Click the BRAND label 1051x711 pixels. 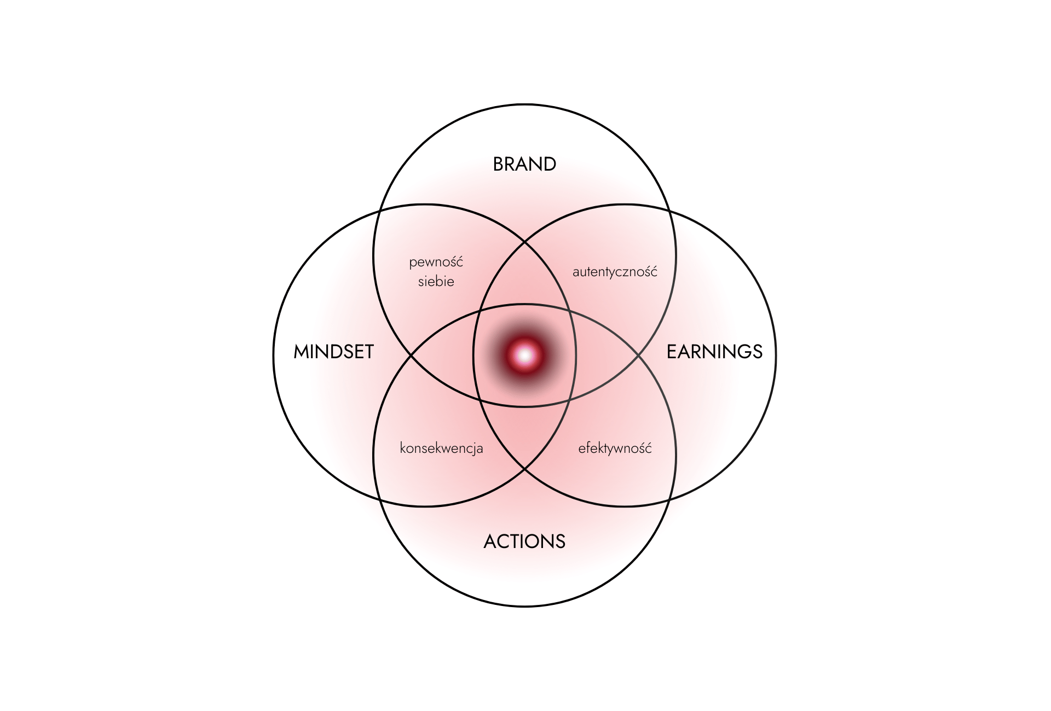pos(524,164)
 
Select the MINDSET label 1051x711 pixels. pos(333,352)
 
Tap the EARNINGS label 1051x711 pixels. pos(714,352)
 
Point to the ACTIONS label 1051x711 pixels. pos(524,541)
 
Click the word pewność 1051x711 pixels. pos(436,263)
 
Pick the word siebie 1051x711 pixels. pos(436,282)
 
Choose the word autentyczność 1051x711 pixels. pos(615,272)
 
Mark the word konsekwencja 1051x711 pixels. pos(441,448)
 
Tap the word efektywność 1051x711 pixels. pos(615,448)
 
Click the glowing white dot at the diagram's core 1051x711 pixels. pos(525,355)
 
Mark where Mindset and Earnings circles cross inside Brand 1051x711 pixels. pos(525,241)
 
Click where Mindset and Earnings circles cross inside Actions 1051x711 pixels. pos(525,469)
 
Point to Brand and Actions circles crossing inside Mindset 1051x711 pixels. pos(411,355)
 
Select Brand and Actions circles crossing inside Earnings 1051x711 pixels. pos(639,355)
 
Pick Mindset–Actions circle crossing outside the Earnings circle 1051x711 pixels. pos(380,500)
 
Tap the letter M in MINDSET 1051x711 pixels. pos(302,352)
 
